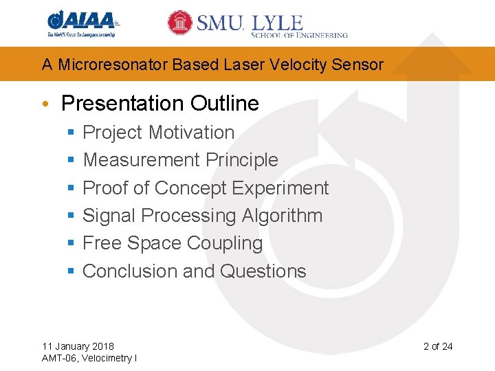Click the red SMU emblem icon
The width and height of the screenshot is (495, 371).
click(x=180, y=23)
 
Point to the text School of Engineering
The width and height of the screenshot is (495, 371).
click(x=300, y=34)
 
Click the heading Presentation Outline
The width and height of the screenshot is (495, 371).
click(x=159, y=103)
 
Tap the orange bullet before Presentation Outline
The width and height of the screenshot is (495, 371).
click(x=45, y=104)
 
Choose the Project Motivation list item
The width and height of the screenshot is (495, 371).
click(x=158, y=133)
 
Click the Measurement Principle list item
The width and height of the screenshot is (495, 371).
click(x=180, y=160)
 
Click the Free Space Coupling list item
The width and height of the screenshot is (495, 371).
click(x=173, y=243)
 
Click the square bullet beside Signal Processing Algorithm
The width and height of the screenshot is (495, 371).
click(x=70, y=216)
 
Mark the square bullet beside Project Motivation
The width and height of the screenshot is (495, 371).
click(x=70, y=133)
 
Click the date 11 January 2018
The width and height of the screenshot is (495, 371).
click(x=78, y=346)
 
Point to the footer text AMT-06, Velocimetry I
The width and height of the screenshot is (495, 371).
click(x=89, y=358)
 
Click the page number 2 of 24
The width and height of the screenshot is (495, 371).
click(x=437, y=346)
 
